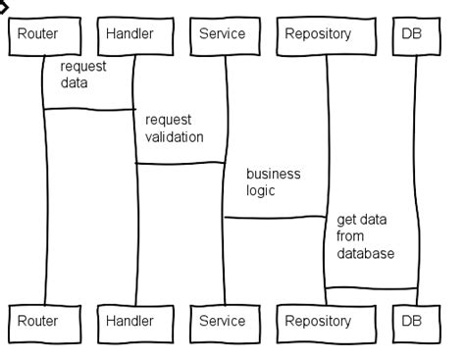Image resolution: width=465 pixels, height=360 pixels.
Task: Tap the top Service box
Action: [222, 35]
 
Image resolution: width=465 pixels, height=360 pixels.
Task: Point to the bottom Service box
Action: [222, 321]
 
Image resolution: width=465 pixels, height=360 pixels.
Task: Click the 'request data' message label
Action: [83, 76]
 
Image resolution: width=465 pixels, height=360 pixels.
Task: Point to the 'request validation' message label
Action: [175, 129]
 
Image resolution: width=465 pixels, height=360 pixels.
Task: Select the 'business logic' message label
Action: [273, 182]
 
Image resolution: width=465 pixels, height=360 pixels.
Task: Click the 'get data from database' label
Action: [365, 236]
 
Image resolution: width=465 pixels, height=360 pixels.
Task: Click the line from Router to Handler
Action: [88, 109]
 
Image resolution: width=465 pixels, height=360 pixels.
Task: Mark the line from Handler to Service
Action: [180, 163]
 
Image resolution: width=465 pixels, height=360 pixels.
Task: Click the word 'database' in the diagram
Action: [365, 253]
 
